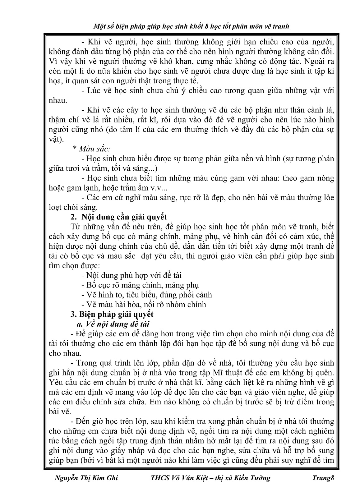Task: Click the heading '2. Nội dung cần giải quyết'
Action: tap(119, 217)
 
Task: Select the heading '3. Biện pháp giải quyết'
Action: tap(112, 314)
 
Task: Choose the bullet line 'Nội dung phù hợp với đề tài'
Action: tap(132, 275)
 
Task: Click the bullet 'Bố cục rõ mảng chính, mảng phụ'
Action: tap(140, 285)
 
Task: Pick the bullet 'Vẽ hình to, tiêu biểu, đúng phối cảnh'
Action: tap(147, 295)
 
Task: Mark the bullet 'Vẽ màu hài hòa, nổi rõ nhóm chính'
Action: tap(144, 304)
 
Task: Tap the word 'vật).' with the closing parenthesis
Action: tap(56, 139)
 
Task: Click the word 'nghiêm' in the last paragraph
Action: tap(319, 431)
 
